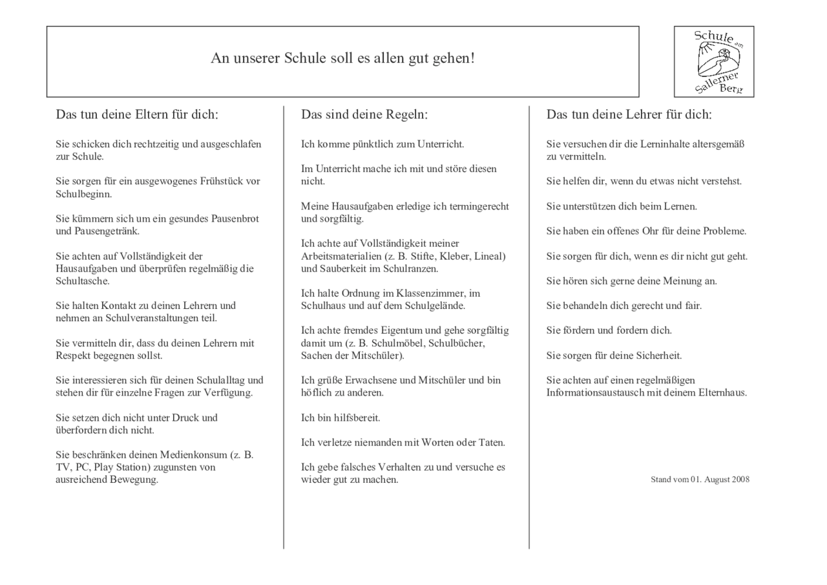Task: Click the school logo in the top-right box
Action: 714,61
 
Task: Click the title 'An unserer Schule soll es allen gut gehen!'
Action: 342,58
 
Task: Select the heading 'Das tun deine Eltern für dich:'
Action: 137,114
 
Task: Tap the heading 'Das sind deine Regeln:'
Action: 364,114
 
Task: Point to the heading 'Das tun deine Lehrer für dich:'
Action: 629,114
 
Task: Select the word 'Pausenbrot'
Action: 235,218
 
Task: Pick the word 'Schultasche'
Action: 82,281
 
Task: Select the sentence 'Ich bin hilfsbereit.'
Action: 340,418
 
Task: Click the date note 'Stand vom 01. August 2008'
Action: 700,479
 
